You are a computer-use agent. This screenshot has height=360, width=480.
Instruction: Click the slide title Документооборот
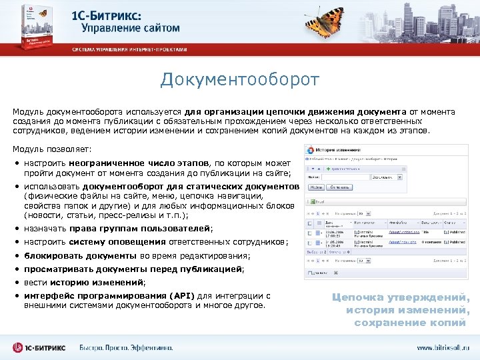[x=240, y=81]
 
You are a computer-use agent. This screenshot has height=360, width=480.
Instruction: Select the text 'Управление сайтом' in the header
[x=131, y=28]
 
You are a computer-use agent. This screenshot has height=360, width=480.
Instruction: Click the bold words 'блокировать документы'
[x=80, y=256]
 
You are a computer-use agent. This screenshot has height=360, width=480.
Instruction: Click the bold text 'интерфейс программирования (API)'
[x=109, y=296]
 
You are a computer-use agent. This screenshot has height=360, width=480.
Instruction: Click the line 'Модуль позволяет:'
[x=52, y=149]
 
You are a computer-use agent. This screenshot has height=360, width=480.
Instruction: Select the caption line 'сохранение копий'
[x=410, y=323]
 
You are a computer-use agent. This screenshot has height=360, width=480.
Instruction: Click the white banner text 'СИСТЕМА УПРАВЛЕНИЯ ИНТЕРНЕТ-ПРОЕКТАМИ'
[x=130, y=49]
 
